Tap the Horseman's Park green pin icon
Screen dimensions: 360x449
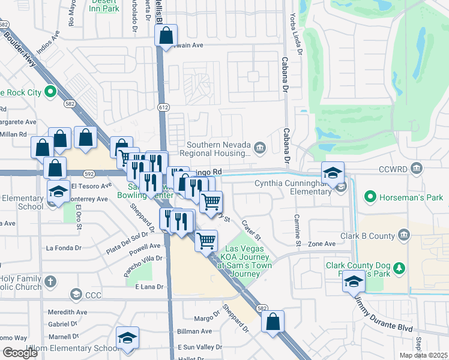(370, 196)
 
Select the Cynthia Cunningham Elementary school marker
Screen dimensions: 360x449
(333, 173)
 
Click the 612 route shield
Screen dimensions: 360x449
(163, 107)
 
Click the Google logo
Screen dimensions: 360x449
(21, 352)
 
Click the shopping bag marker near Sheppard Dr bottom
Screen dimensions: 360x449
(273, 322)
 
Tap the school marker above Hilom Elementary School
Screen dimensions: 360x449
(127, 338)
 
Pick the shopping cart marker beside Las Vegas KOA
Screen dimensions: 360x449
(206, 241)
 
